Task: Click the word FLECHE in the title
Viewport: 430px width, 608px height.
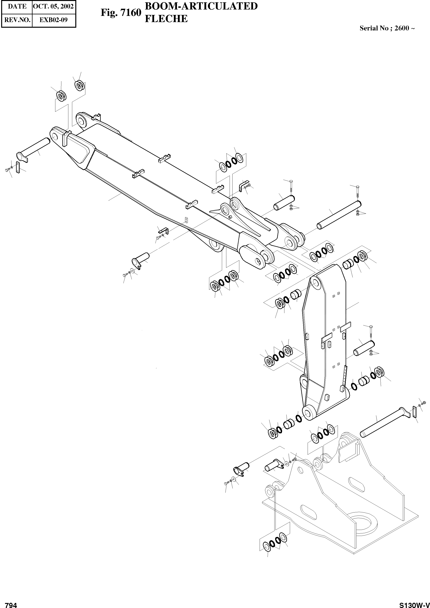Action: pyautogui.click(x=166, y=19)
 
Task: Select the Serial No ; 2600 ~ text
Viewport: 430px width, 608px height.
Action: pyautogui.click(x=387, y=28)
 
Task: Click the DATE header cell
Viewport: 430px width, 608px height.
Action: pyautogui.click(x=17, y=6)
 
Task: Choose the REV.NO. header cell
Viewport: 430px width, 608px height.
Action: pyautogui.click(x=17, y=20)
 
